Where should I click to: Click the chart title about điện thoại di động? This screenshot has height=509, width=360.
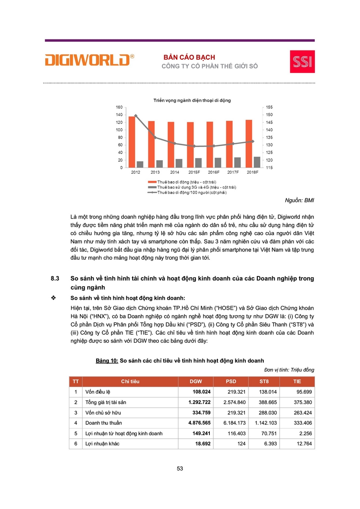tap(192, 100)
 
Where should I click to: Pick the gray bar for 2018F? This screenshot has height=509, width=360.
tap(257, 162)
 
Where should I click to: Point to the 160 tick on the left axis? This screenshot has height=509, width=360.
tap(119, 107)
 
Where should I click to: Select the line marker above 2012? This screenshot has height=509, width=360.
tap(136, 115)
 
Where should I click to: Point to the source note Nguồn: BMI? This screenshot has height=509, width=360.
tap(300, 201)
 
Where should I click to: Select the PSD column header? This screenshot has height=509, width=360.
tap(230, 381)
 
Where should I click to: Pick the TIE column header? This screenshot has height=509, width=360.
tap(298, 381)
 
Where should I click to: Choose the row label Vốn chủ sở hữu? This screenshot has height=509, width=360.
tap(103, 412)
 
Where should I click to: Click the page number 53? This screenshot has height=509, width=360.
tap(180, 469)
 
